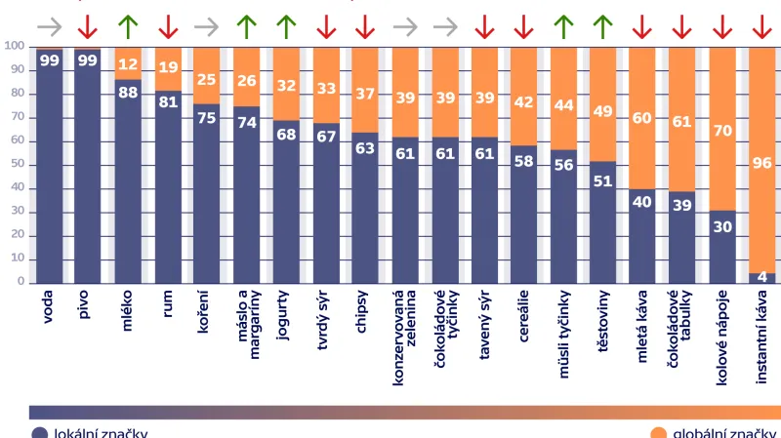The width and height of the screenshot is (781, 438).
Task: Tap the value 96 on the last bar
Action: click(761, 164)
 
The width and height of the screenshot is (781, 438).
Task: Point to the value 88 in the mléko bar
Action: click(128, 93)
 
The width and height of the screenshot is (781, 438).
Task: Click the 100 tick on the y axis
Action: click(15, 46)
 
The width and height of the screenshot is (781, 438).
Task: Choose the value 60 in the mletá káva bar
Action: click(643, 118)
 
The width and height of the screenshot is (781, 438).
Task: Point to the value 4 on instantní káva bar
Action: click(762, 277)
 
